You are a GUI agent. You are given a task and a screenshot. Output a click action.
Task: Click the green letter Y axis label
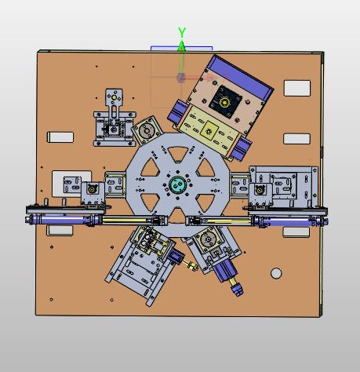182,32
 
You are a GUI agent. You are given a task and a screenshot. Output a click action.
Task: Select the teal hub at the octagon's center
177,184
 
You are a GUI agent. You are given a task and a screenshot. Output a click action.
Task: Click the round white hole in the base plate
276,273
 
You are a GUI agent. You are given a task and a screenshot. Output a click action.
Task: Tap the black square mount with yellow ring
225,102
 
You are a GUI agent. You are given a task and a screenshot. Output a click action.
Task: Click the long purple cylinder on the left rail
65,219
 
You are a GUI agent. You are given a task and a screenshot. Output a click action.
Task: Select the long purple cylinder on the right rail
290,221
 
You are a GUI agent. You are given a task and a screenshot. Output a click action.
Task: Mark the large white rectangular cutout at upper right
297,88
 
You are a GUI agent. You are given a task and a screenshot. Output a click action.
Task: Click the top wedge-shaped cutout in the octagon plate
178,153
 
